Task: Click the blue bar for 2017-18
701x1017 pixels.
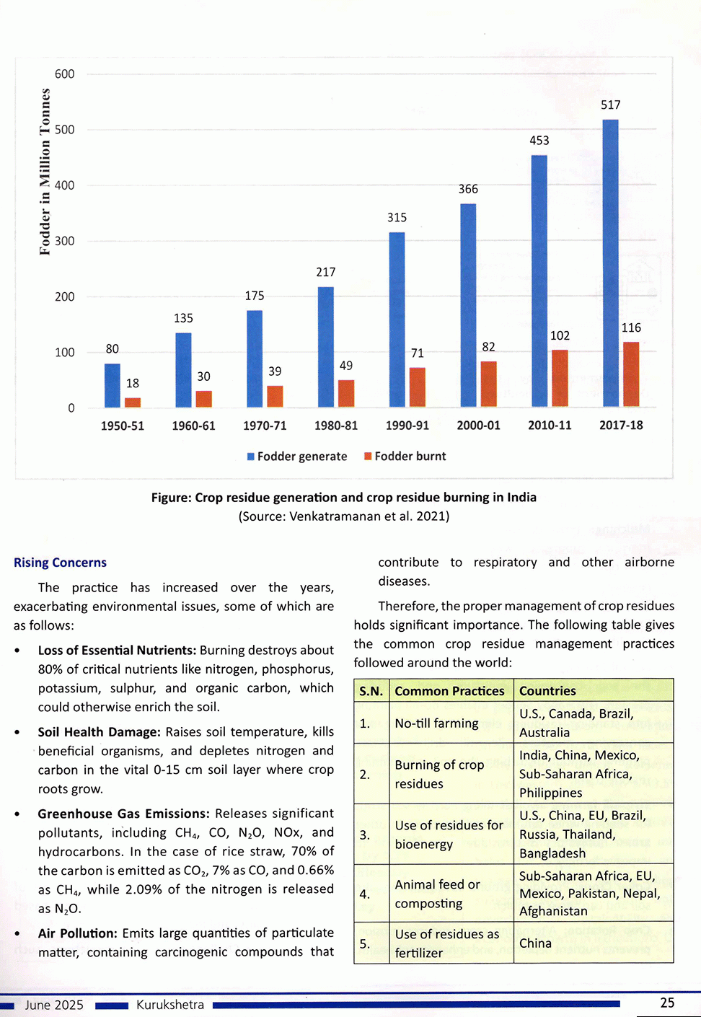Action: pos(610,263)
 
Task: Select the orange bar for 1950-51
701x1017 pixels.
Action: pos(133,402)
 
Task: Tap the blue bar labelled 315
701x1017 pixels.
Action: pos(397,320)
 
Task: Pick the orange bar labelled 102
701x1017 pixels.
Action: pos(560,379)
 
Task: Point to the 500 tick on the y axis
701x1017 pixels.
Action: pos(65,130)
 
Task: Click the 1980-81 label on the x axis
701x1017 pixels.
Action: pos(336,426)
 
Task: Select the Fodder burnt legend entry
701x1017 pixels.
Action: pos(405,457)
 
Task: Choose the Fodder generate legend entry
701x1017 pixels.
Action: pos(297,457)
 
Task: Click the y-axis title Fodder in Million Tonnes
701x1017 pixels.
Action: pos(45,172)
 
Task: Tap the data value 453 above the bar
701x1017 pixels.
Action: pos(539,141)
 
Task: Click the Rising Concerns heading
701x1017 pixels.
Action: pos(60,563)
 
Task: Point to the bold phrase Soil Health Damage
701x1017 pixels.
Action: pos(99,732)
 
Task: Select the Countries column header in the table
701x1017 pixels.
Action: pos(547,691)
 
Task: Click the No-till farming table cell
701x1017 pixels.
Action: pos(436,723)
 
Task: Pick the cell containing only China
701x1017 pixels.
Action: pos(535,943)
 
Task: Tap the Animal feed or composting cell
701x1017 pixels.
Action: pos(437,894)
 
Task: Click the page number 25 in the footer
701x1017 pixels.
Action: pos(667,1003)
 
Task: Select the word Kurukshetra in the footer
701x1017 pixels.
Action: pos(170,1005)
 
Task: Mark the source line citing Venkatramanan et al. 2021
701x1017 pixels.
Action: pos(344,516)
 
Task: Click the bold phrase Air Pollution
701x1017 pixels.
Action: pos(76,933)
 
